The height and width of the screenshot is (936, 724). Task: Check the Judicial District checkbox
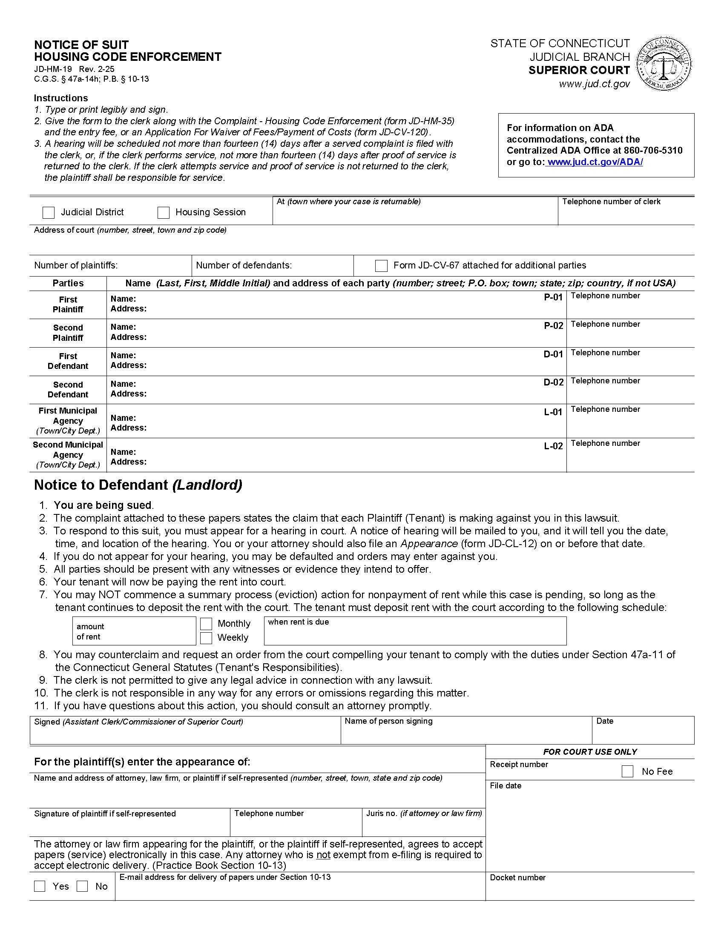point(49,213)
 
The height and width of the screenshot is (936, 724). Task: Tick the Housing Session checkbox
point(164,213)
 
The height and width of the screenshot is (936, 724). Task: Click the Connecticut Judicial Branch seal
point(664,64)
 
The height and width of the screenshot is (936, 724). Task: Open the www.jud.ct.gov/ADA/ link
point(595,162)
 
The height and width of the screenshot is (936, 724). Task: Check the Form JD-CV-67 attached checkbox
point(381,266)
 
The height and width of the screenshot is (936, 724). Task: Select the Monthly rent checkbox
point(206,624)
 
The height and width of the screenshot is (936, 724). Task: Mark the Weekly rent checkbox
point(206,638)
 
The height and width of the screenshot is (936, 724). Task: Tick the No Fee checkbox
point(627,771)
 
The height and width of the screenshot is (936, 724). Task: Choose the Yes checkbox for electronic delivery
point(40,886)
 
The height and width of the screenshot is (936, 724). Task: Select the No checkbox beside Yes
point(82,886)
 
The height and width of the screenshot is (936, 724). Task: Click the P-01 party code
point(553,297)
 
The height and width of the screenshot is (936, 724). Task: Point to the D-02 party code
point(553,382)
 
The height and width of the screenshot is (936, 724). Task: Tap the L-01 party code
point(553,412)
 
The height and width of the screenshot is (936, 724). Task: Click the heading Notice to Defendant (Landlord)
point(138,485)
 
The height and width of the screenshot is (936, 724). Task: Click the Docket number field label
point(518,878)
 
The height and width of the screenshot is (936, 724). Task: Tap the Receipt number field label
point(519,765)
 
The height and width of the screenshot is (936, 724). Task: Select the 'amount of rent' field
point(134,631)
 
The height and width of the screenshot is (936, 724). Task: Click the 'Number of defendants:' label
point(244,266)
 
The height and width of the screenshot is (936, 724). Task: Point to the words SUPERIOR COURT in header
point(579,70)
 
